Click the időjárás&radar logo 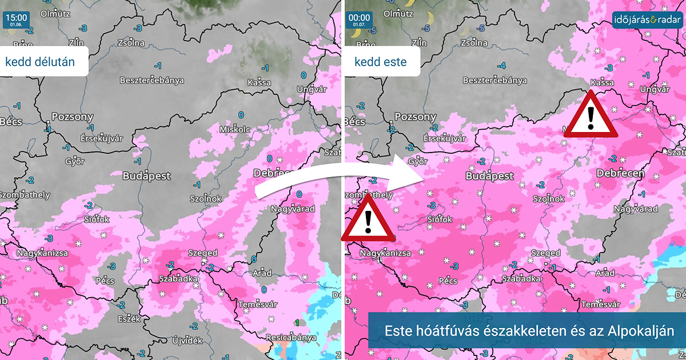(647, 21)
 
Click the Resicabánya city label (292, 337)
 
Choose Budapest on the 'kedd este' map (489, 176)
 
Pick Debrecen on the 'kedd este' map (620, 173)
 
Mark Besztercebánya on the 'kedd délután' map (151, 80)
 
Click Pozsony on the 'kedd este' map (415, 117)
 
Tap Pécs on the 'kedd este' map (448, 281)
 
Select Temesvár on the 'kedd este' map (600, 305)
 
